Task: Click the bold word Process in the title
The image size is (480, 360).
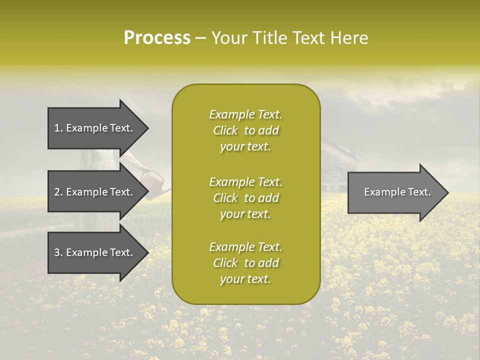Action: point(157,38)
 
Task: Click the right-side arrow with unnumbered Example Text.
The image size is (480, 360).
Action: point(395,192)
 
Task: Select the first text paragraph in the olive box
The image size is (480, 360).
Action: point(245,130)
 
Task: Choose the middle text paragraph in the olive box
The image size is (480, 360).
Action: point(245,198)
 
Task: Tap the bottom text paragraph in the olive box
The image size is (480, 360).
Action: point(245,263)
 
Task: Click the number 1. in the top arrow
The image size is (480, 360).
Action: point(58,128)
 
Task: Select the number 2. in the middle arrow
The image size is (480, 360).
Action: point(58,192)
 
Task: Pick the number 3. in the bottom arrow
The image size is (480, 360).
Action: point(58,253)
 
